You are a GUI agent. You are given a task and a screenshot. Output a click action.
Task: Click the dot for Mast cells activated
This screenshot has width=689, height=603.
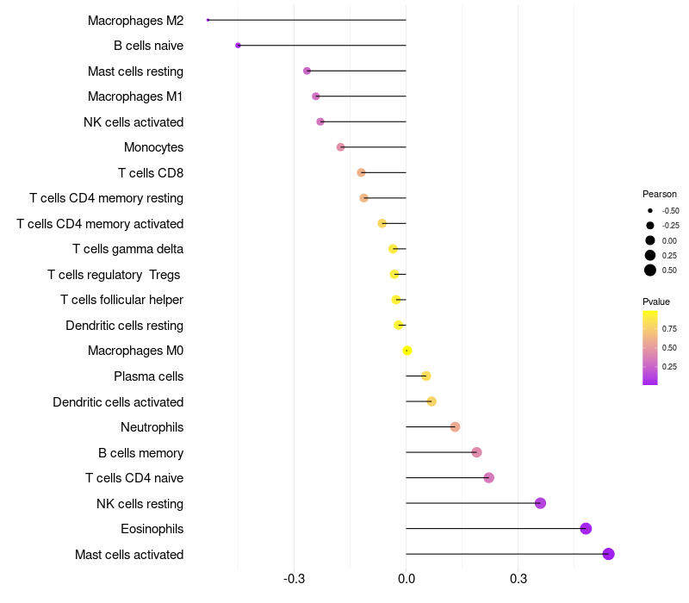pos(608,554)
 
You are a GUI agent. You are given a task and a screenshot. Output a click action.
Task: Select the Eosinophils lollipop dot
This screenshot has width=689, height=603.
pos(586,529)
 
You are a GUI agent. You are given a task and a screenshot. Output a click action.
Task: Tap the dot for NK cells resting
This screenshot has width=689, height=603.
pos(540,503)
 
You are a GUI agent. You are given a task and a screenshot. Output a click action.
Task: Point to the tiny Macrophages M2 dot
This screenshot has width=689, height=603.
pos(208,20)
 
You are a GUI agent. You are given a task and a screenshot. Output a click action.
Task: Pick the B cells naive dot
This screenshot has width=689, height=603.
pos(238,45)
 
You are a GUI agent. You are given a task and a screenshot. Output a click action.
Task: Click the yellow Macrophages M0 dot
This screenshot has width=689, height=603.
pos(407,351)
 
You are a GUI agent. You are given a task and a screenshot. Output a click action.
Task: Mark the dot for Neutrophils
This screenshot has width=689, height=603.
pos(455,427)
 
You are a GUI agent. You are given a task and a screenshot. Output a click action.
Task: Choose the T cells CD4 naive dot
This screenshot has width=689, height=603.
pos(488,478)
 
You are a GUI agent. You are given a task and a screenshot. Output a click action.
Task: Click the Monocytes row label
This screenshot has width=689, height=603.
pos(153,147)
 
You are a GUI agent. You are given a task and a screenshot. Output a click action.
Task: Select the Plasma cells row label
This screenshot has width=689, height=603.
pos(148,376)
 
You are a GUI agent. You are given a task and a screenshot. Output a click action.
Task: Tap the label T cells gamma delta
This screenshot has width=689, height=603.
pos(127,249)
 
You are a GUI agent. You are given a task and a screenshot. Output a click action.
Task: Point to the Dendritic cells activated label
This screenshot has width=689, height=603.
pos(118,402)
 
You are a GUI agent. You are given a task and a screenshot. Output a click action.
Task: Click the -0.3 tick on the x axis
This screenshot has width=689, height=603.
pos(294,578)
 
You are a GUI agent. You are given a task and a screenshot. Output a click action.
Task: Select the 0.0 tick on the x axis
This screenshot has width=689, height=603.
pos(406,578)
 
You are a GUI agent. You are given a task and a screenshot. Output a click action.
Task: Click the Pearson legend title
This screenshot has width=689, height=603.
pos(660,194)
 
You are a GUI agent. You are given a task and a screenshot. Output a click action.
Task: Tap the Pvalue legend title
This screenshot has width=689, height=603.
pos(656,301)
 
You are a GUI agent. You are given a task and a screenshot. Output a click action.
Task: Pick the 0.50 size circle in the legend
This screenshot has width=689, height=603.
pos(650,270)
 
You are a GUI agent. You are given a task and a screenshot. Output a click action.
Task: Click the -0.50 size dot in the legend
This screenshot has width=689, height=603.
pos(650,211)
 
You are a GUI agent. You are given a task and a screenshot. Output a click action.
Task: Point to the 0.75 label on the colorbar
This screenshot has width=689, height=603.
pos(669,329)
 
